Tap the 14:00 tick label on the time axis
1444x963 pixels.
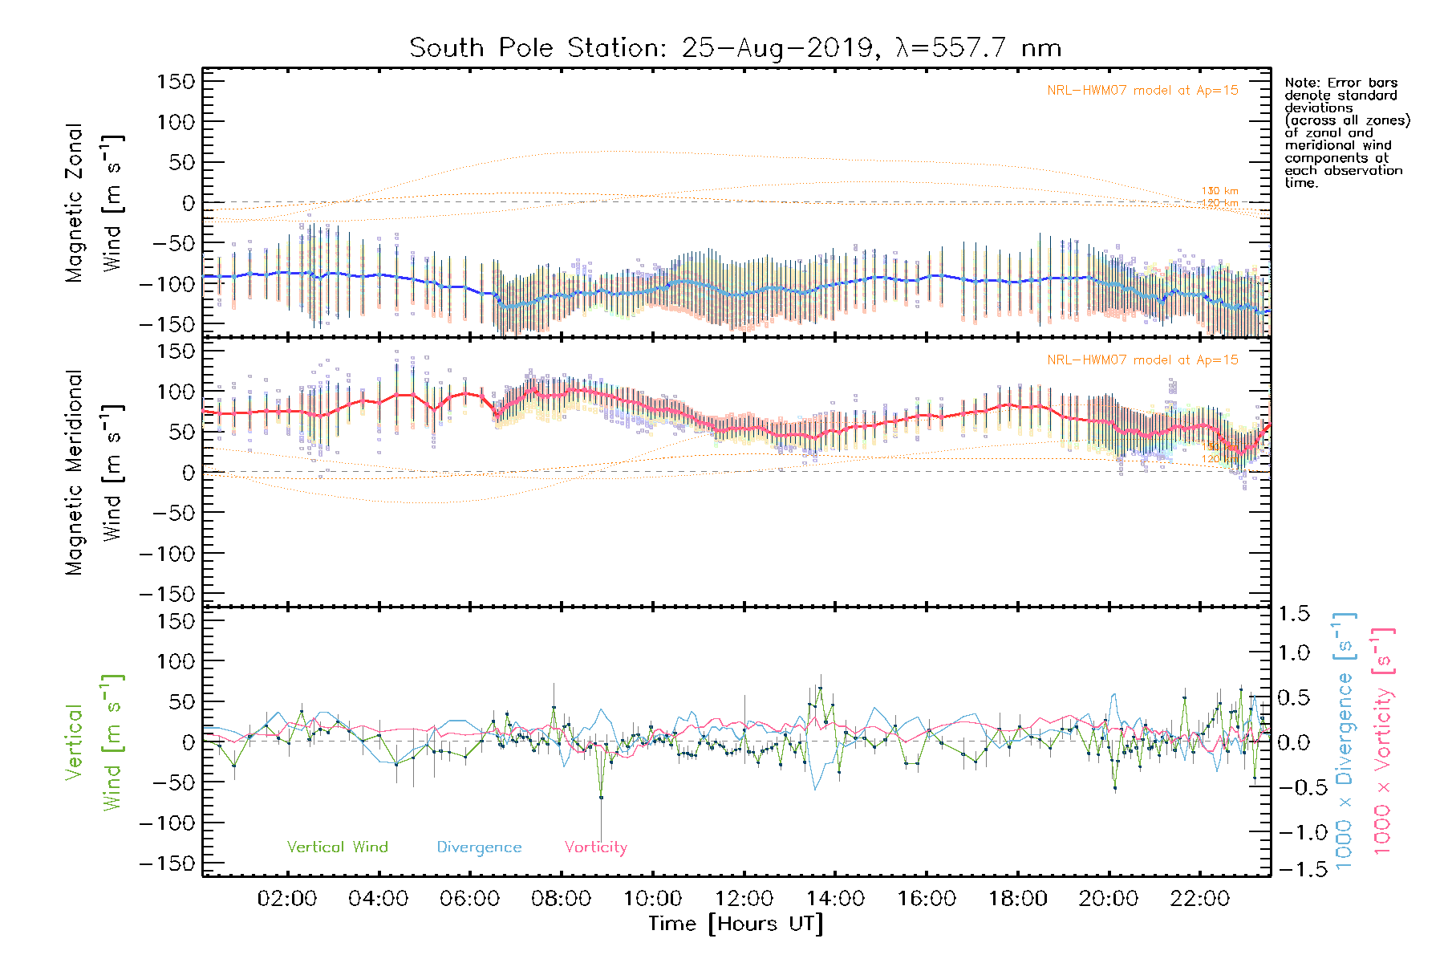(835, 899)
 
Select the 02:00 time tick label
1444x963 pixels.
(287, 899)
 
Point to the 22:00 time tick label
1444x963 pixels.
(1199, 899)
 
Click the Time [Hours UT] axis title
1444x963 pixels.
(736, 924)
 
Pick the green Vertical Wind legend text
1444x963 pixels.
(337, 847)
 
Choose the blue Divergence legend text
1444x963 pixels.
(479, 847)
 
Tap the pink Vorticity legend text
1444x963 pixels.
(595, 847)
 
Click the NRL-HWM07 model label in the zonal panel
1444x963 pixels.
(1142, 91)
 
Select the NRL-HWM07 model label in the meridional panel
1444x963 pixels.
(1142, 360)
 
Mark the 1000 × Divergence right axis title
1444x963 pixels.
(1345, 740)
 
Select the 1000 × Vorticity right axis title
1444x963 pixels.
(1383, 740)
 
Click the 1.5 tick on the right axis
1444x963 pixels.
(1293, 614)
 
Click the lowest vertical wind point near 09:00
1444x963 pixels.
(601, 797)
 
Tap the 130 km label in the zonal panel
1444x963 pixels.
(1219, 191)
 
